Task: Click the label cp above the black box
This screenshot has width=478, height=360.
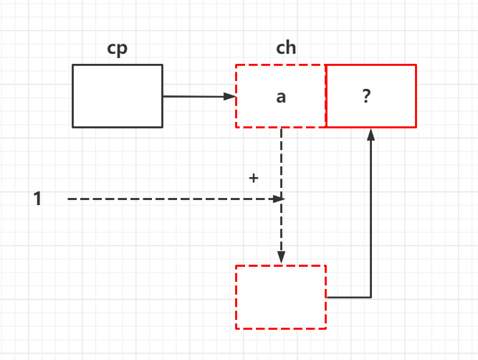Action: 117,49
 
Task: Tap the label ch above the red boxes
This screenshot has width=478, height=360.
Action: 286,49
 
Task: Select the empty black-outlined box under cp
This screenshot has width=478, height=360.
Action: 118,95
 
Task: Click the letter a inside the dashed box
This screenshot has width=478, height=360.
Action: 281,97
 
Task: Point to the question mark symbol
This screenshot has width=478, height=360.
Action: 366,97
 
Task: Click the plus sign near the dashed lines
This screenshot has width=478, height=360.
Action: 253,178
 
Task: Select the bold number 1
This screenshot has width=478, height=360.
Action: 37,199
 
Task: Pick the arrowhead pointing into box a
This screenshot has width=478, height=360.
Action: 231,96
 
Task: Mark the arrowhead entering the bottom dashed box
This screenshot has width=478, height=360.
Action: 281,259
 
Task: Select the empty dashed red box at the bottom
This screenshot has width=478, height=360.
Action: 281,296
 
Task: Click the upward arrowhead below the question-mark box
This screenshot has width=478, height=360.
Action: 371,134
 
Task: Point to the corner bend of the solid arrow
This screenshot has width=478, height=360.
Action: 371,296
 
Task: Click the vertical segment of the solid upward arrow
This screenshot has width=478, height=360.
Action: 371,215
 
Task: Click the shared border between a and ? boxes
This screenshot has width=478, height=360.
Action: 326,96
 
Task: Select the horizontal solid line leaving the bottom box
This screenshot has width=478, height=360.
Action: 348,296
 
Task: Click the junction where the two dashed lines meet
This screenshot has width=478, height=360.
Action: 281,199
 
